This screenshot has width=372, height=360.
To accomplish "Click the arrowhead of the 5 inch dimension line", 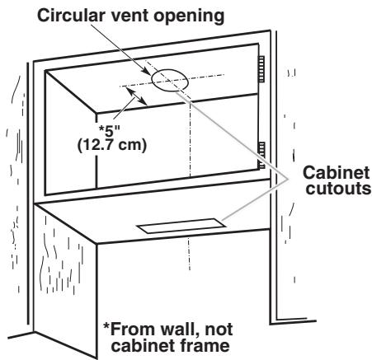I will coord(145,101).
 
